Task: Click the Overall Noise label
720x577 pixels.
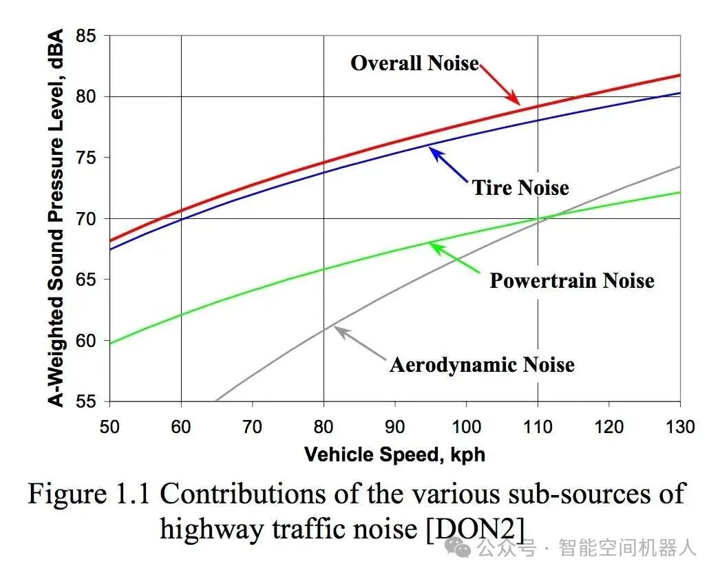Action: [414, 63]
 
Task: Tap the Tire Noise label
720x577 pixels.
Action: [520, 187]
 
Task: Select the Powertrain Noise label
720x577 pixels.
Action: [572, 280]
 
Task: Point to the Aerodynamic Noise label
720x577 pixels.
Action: [482, 365]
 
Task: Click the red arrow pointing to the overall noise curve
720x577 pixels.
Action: [500, 85]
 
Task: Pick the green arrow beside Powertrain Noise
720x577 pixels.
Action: [454, 258]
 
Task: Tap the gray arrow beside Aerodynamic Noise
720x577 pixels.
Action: [359, 343]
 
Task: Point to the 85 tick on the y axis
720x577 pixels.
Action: [86, 36]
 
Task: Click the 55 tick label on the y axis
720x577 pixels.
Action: [86, 401]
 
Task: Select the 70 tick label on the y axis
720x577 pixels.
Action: [86, 219]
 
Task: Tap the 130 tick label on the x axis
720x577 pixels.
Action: [680, 427]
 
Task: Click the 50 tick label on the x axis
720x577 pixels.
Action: [109, 427]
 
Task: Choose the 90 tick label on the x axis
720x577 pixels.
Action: [394, 427]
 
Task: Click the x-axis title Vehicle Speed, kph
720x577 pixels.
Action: [394, 454]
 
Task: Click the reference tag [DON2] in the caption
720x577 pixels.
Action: [476, 529]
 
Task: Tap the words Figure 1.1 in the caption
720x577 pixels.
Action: [89, 494]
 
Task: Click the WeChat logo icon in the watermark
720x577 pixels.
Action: [458, 548]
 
